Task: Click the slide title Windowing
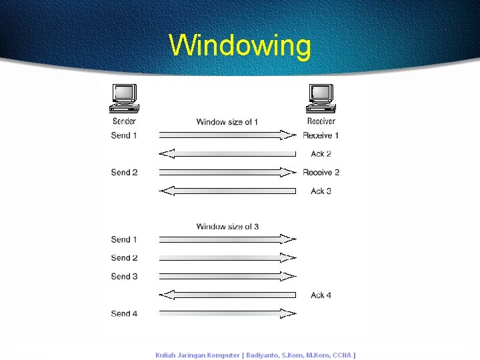point(240,46)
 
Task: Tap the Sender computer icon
point(124,99)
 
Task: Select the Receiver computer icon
point(321,99)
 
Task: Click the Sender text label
point(124,121)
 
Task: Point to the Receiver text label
point(321,121)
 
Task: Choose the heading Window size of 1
point(227,122)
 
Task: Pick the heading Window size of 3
point(227,227)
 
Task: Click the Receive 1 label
point(321,135)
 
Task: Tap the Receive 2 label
point(321,173)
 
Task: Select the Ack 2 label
point(321,154)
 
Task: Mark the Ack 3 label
point(321,191)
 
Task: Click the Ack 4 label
point(321,295)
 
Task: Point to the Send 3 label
point(125,277)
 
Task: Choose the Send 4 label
point(125,314)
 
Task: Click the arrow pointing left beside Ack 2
point(227,154)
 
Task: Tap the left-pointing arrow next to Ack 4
point(227,295)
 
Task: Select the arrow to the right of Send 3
point(227,276)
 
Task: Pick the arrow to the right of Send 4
point(227,313)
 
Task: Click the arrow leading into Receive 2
point(227,172)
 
